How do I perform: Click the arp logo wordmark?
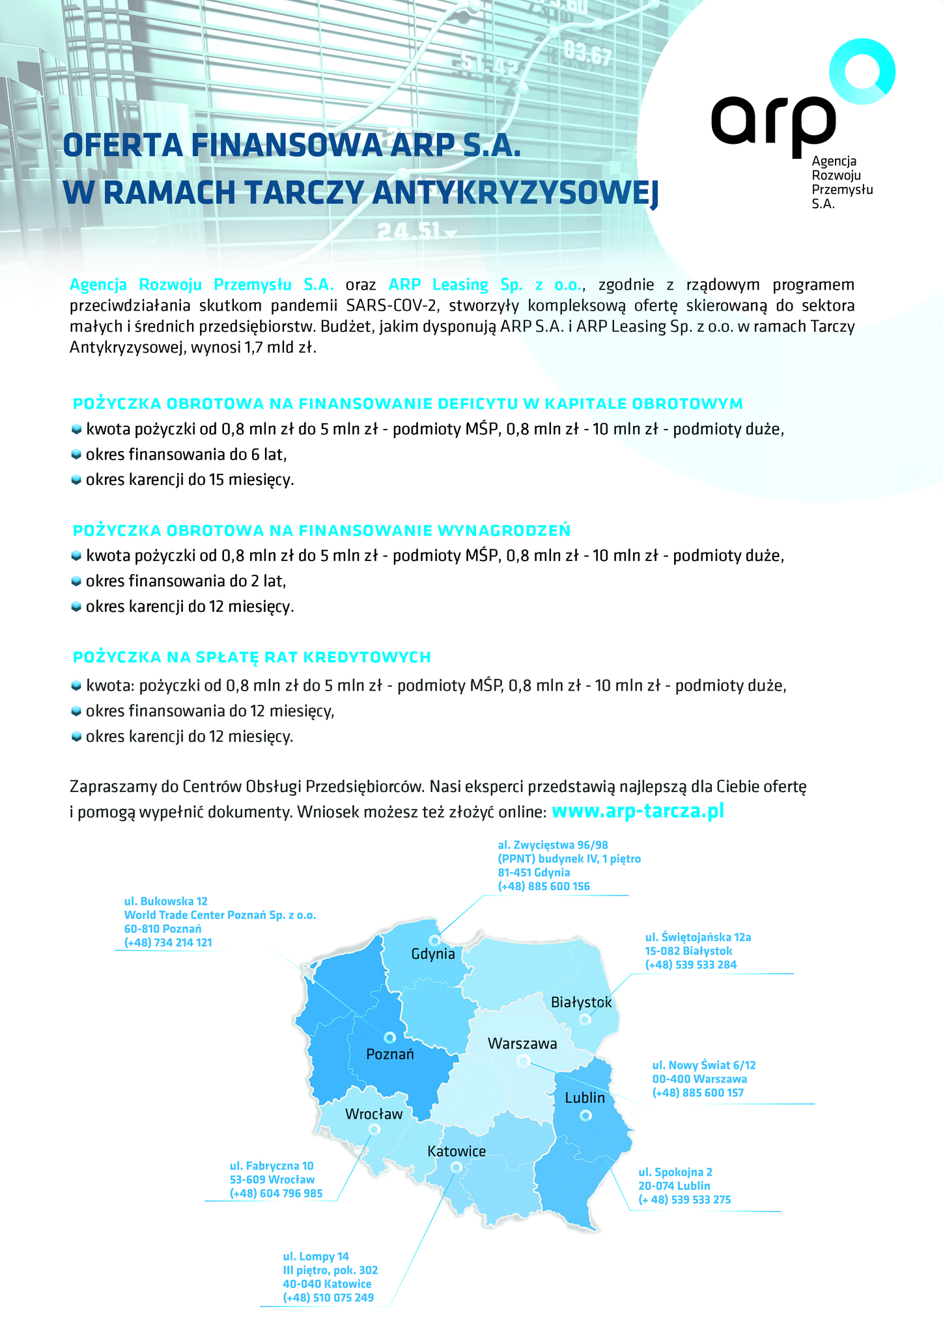[x=773, y=122]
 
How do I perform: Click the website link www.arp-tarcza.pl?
[x=638, y=811]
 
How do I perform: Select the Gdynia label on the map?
[x=433, y=954]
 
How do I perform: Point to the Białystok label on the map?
[x=581, y=1002]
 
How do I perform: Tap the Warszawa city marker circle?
[x=522, y=1061]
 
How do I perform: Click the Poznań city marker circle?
[x=389, y=1037]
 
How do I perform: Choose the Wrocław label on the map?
[x=374, y=1114]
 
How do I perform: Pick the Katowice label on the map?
[x=457, y=1151]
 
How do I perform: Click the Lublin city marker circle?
[x=585, y=1116]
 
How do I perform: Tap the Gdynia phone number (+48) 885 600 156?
[x=544, y=886]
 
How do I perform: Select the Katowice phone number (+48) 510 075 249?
[x=328, y=1298]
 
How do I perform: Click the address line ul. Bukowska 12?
[x=165, y=901]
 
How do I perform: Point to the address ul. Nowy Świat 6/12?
[x=703, y=1065]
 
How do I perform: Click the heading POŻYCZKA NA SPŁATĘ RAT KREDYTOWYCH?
[x=252, y=657]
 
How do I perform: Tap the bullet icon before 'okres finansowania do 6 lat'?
[x=76, y=454]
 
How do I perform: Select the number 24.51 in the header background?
[x=408, y=231]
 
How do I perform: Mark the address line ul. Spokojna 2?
[x=675, y=1172]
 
